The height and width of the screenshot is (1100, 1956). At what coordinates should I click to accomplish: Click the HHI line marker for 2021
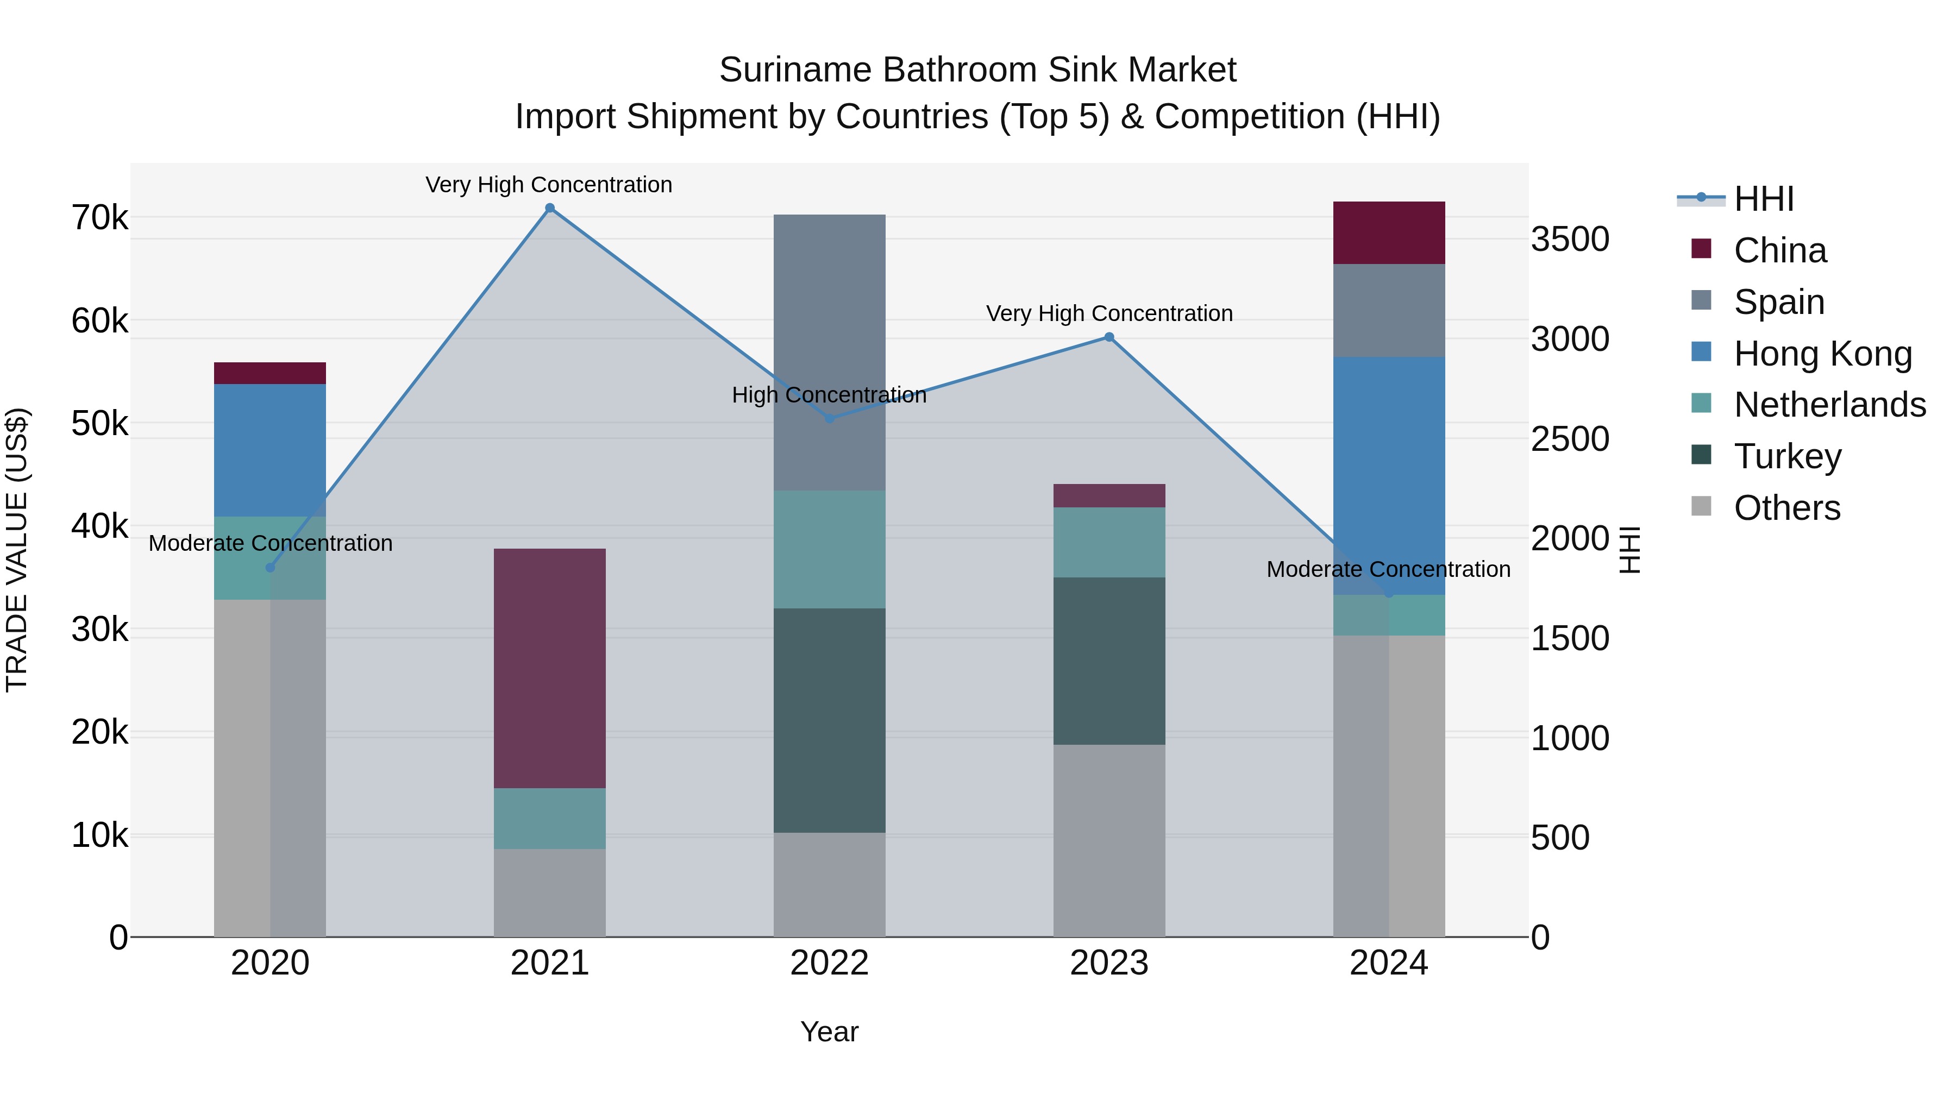click(550, 208)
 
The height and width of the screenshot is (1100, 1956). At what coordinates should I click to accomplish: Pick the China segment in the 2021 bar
click(550, 668)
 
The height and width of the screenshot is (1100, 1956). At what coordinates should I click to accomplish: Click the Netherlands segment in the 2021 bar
click(550, 819)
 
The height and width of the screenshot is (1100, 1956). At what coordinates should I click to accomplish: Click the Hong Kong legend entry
click(1822, 354)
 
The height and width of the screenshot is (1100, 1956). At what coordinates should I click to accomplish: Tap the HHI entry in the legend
click(1763, 199)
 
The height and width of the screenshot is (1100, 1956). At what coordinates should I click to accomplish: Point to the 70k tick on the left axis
click(99, 218)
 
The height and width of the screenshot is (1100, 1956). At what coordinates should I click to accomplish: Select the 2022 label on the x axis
click(829, 963)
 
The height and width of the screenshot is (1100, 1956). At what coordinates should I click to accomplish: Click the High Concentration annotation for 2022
click(829, 395)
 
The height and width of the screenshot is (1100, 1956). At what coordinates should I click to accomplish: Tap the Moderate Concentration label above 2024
click(1388, 569)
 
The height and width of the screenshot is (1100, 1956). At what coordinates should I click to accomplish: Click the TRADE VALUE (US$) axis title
click(17, 550)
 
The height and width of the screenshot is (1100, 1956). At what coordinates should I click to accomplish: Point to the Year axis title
click(829, 1032)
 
